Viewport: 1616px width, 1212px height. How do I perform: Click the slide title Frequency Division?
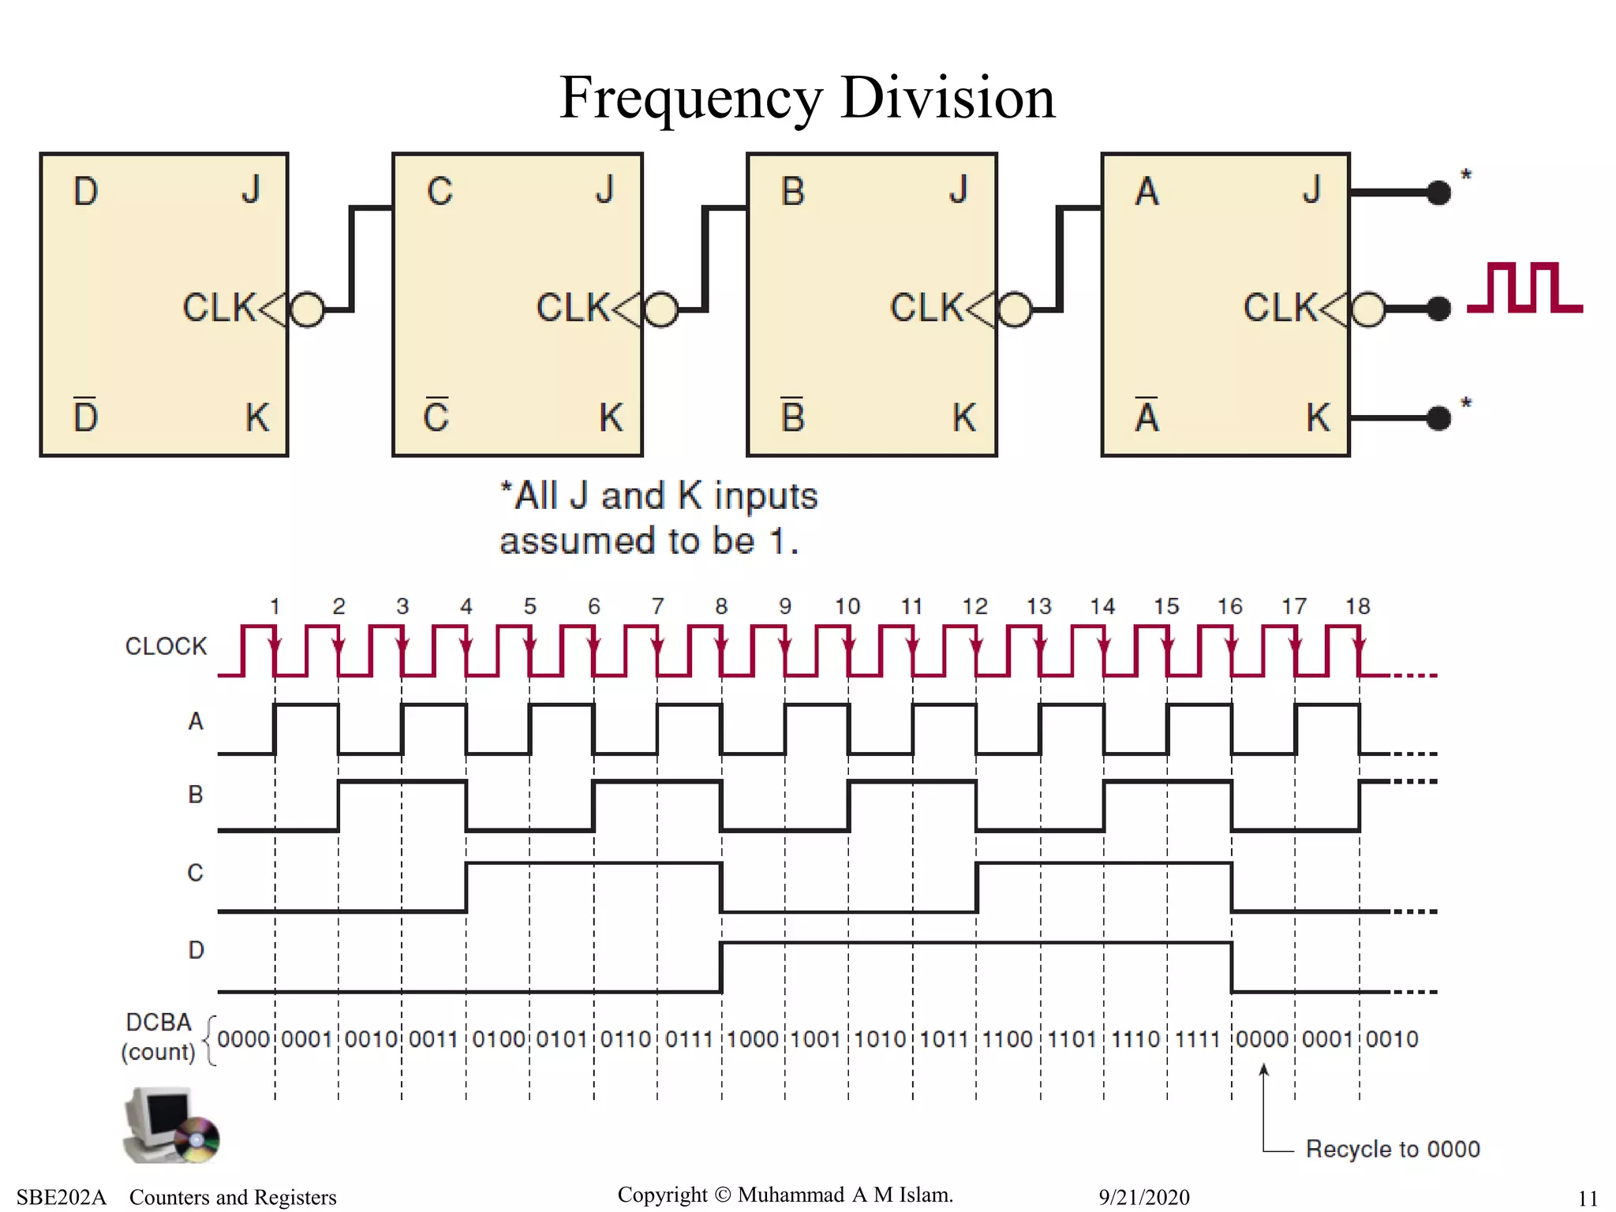[806, 98]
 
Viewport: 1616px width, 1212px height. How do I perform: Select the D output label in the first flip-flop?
[85, 192]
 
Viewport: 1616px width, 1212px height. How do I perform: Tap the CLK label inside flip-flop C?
[572, 308]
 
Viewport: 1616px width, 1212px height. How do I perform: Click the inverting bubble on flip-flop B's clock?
[1016, 309]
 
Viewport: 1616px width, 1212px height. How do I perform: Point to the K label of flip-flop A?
[1317, 417]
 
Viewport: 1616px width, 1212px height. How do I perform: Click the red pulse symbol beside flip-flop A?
[1524, 288]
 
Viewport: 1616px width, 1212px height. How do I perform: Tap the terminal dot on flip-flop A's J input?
[1439, 192]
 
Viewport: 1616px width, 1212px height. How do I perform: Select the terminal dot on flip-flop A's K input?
[1439, 417]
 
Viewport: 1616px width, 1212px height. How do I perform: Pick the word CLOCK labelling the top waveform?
[166, 646]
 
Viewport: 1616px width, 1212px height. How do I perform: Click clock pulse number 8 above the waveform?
[720, 606]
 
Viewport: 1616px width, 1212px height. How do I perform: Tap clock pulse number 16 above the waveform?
[1229, 606]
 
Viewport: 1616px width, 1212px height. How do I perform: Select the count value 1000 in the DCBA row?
[753, 1039]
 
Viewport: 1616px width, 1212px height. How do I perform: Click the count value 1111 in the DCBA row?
[1198, 1039]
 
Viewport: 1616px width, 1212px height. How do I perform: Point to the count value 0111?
[689, 1039]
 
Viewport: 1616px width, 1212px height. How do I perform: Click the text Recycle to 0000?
[1393, 1149]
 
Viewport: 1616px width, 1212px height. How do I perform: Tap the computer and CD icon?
[170, 1125]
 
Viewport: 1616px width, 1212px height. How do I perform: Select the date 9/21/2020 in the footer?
[1143, 1197]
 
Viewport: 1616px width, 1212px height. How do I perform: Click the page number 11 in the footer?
[1588, 1198]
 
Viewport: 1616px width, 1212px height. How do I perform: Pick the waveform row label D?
[196, 950]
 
